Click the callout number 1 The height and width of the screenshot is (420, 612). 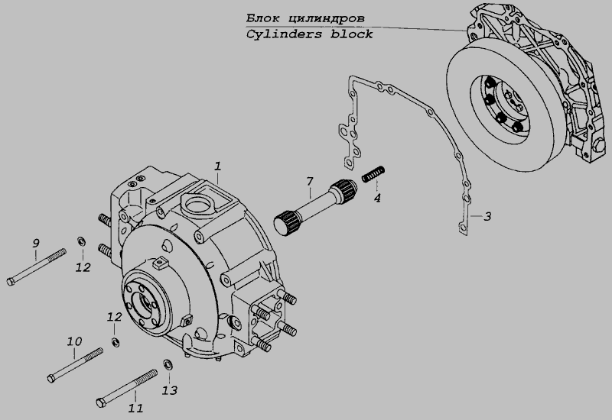(x=218, y=166)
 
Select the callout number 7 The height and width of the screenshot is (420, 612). (x=309, y=181)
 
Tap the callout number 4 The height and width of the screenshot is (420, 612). (x=376, y=198)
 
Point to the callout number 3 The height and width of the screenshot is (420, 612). (x=487, y=217)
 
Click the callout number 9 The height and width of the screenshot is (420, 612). (x=35, y=244)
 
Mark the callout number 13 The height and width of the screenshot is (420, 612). (x=170, y=390)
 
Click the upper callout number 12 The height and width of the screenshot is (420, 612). (x=83, y=267)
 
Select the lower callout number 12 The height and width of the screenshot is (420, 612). (x=114, y=316)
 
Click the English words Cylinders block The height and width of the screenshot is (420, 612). (x=310, y=34)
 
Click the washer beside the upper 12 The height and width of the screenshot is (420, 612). (x=80, y=243)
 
